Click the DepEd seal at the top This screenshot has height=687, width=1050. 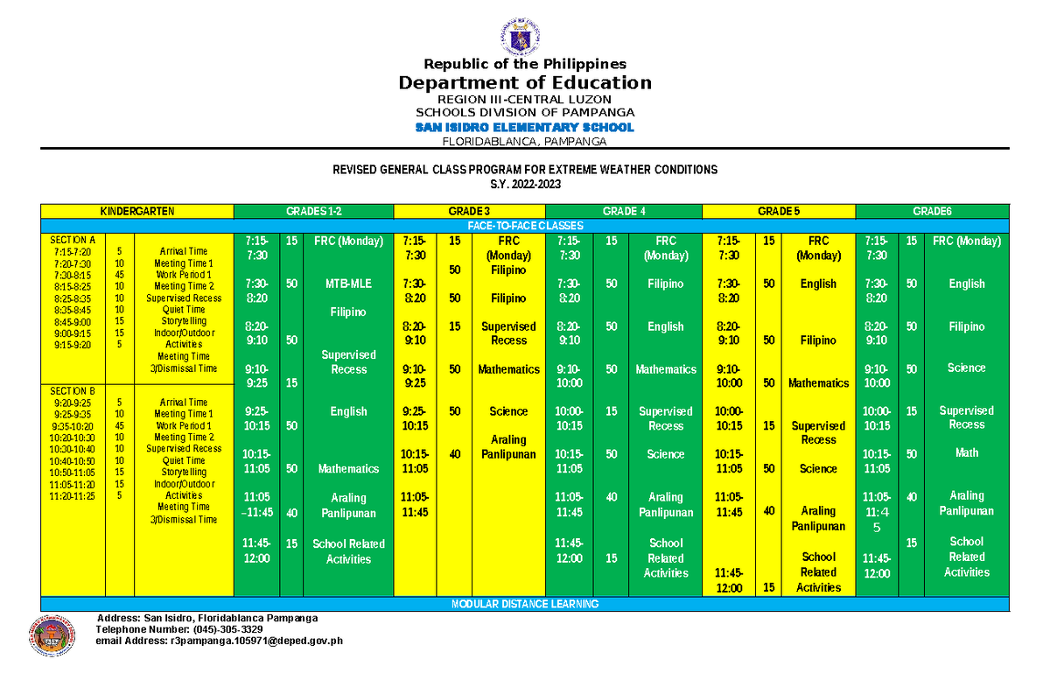[x=524, y=34]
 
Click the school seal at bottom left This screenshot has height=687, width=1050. [x=52, y=634]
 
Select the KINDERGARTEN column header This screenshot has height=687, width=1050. [x=137, y=211]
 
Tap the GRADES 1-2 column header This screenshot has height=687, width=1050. [x=313, y=211]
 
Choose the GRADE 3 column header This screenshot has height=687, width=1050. [x=469, y=211]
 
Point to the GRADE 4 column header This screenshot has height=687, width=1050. [x=624, y=211]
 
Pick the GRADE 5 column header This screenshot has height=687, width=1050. [x=778, y=211]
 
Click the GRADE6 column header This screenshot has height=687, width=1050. [x=932, y=211]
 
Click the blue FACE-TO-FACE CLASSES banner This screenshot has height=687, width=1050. [x=525, y=225]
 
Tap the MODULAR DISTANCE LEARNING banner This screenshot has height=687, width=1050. [x=525, y=604]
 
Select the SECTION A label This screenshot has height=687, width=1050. [x=73, y=240]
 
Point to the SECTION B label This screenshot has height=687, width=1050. [x=73, y=391]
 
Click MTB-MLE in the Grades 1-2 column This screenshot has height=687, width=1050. [x=348, y=284]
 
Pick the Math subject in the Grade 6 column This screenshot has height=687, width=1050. [x=967, y=452]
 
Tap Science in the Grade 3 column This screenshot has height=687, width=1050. [x=508, y=411]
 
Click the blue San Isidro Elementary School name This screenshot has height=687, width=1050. [x=525, y=128]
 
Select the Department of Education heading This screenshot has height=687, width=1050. [x=525, y=83]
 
